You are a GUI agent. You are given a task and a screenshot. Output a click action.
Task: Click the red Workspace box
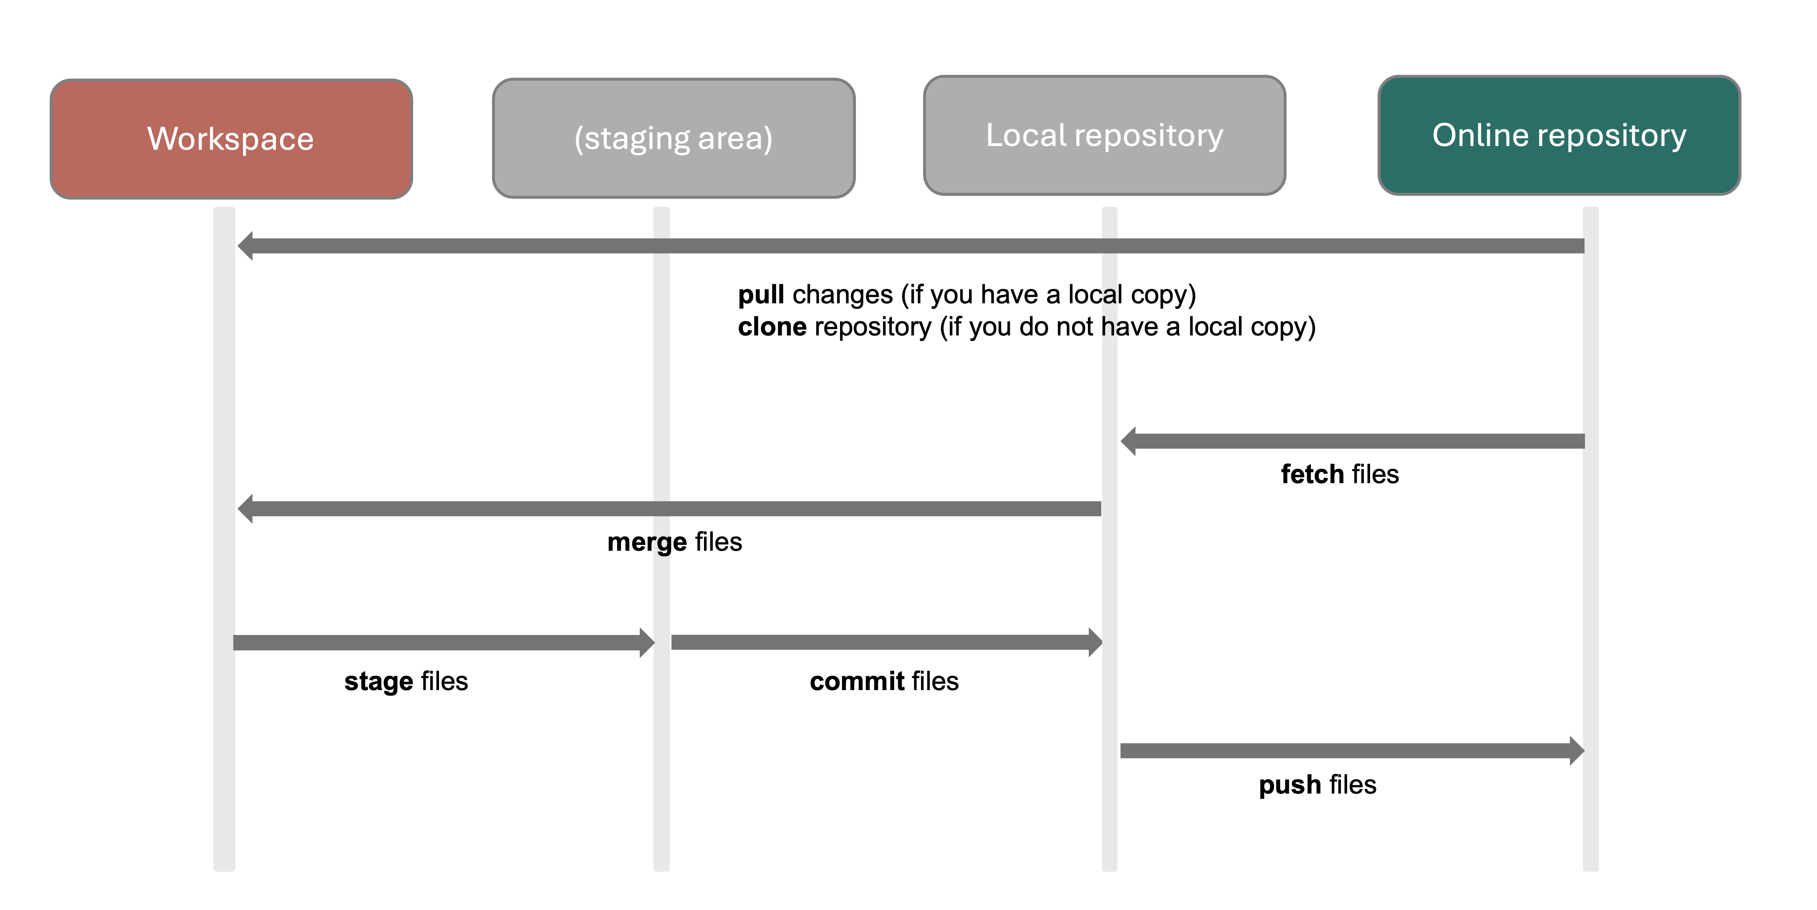pyautogui.click(x=231, y=139)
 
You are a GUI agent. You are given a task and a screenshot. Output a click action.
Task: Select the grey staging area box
pyautogui.click(x=674, y=138)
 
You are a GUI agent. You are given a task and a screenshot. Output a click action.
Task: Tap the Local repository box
pyautogui.click(x=1105, y=136)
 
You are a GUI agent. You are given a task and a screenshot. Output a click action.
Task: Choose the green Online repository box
pyautogui.click(x=1560, y=136)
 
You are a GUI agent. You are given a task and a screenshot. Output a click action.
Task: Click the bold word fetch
pyautogui.click(x=1312, y=474)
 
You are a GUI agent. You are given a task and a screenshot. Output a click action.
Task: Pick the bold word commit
pyautogui.click(x=857, y=681)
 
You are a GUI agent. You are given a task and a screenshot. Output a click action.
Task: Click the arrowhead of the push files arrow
pyautogui.click(x=1577, y=751)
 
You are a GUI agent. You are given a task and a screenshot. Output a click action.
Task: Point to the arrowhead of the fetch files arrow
pyautogui.click(x=1128, y=441)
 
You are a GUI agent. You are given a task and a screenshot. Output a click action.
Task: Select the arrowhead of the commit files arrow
pyautogui.click(x=1095, y=642)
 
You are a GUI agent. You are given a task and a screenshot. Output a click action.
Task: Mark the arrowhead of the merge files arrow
pyautogui.click(x=245, y=509)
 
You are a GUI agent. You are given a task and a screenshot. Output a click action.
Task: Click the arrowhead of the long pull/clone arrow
pyautogui.click(x=245, y=245)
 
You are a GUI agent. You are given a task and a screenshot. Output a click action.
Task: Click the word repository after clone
pyautogui.click(x=873, y=327)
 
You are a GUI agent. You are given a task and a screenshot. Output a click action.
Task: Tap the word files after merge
pyautogui.click(x=719, y=542)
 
